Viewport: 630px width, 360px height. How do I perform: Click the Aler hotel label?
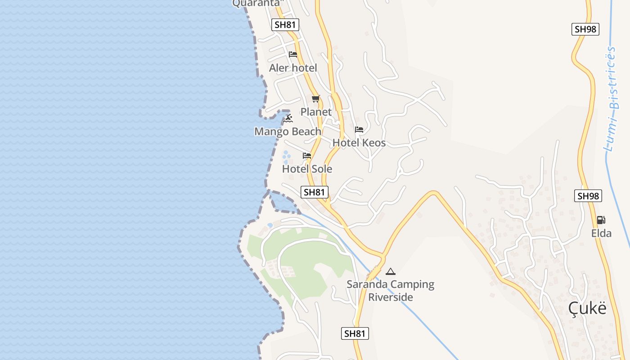coord(293,68)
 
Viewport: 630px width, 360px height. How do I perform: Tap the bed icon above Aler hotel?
coord(293,54)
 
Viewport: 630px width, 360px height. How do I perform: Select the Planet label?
coord(316,112)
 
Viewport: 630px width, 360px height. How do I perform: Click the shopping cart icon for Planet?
coord(315,99)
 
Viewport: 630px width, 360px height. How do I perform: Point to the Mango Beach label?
coord(288,131)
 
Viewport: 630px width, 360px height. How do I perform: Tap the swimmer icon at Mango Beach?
coord(288,118)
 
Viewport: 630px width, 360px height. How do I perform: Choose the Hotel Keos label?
coord(359,143)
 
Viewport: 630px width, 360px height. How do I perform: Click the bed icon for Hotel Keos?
coord(359,130)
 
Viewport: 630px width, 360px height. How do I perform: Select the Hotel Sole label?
coord(307,169)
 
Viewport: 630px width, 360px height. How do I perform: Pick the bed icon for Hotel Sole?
coord(307,156)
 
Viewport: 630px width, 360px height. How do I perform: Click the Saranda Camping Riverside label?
coord(390,291)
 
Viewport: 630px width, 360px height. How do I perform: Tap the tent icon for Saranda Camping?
coord(390,271)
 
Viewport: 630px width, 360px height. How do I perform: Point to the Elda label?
coord(601,233)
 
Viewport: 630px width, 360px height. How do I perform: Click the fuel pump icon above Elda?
coord(601,220)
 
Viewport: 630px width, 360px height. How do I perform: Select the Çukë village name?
coord(587,308)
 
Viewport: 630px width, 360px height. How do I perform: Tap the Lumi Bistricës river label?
coord(612,99)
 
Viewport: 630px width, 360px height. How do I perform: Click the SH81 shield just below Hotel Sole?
coord(314,192)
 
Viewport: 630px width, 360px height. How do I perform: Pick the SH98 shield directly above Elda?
coord(588,196)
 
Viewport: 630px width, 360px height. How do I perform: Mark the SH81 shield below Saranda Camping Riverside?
coord(355,333)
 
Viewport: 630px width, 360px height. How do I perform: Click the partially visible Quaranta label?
coord(258,3)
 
